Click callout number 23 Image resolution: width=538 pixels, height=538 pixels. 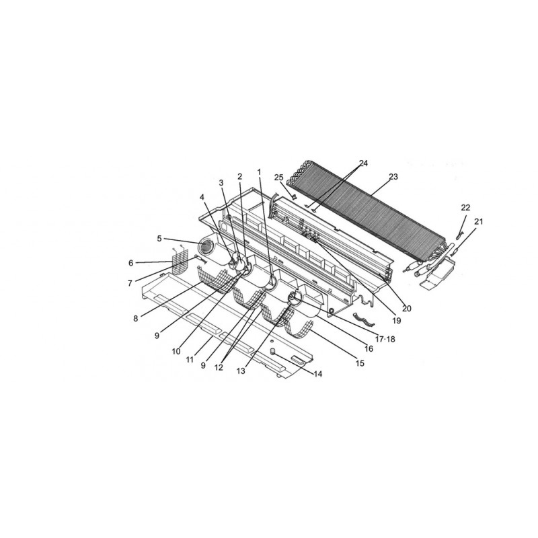coord(393,177)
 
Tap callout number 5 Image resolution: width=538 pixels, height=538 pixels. coord(159,239)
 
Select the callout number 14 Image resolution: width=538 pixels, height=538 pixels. coord(318,374)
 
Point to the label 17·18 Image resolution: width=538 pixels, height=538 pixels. coord(385,339)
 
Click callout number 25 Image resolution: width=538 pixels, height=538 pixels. coord(279,178)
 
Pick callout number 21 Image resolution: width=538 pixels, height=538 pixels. coord(478,222)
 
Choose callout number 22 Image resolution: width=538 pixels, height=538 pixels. coord(465,208)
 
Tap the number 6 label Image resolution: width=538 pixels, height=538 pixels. coord(130,263)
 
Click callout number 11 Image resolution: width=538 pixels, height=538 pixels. coord(190,360)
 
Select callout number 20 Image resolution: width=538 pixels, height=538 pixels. coord(407,309)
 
